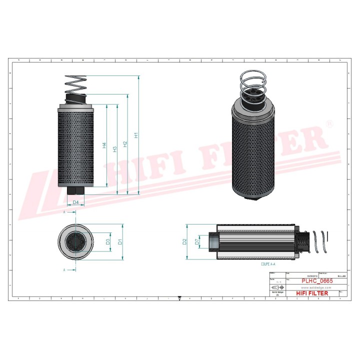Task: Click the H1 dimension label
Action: point(135,135)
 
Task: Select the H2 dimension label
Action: point(125,144)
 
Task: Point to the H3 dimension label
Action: point(115,149)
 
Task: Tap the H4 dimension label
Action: point(104,145)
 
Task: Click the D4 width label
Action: point(75,202)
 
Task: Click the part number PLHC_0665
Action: point(317,281)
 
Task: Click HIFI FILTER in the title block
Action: point(314,293)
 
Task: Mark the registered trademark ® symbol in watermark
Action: point(328,123)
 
